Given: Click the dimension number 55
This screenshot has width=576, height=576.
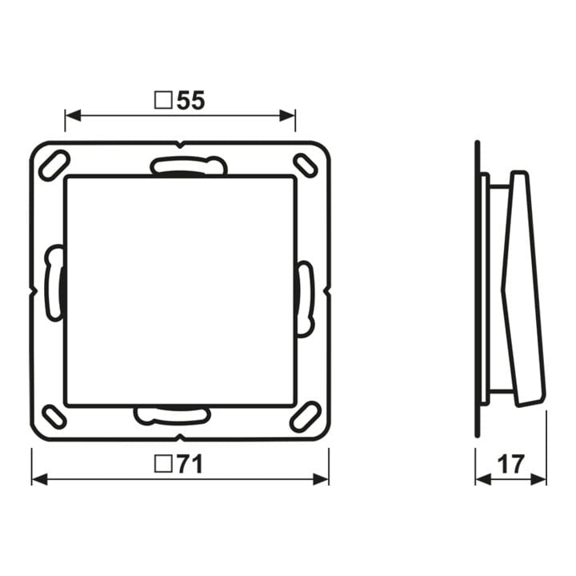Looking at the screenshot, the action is point(190,100).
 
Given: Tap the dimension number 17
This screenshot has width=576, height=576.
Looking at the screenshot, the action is point(511,464).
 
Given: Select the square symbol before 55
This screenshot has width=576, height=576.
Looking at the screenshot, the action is point(163,100).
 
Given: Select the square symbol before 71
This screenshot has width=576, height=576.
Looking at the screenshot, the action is point(163,464).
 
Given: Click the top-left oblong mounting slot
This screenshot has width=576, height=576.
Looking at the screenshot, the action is point(54,166).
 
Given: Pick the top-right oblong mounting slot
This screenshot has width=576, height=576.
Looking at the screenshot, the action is point(306,165).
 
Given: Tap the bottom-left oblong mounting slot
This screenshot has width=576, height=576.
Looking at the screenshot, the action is point(54,417).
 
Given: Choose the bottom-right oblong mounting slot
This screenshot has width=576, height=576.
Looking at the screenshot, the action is point(306,417).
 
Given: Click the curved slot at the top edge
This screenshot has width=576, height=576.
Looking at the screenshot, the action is point(189,165).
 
